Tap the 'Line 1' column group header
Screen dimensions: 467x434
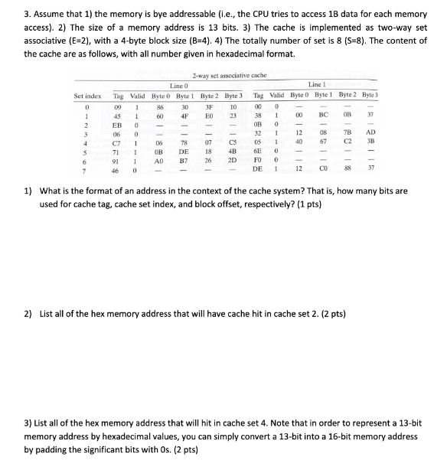[317, 84]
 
